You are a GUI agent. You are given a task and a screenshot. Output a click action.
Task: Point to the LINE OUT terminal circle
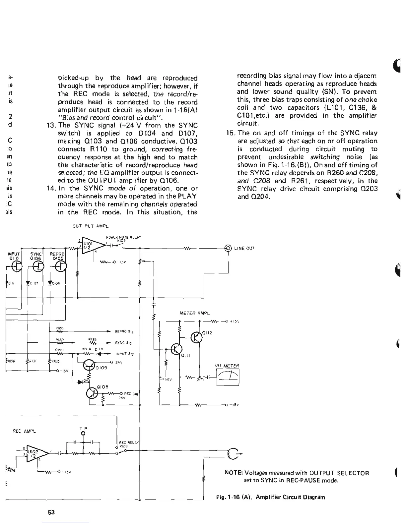click(x=228, y=248)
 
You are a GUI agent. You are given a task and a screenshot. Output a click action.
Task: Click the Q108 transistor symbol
click(x=92, y=393)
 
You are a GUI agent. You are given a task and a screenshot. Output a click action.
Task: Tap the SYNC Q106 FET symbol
click(x=39, y=266)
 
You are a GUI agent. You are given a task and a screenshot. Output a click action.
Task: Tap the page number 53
click(x=51, y=512)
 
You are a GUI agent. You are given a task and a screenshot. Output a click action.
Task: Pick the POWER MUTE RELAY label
click(x=123, y=237)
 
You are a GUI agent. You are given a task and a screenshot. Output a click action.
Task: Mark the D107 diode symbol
click(x=29, y=283)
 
